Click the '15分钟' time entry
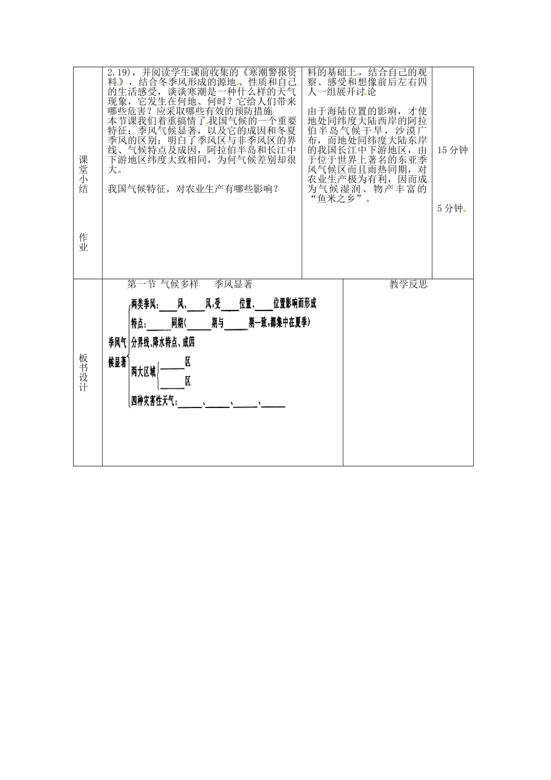click(x=452, y=150)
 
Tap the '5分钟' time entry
click(x=450, y=208)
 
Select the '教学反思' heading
click(x=408, y=284)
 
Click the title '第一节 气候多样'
click(x=162, y=284)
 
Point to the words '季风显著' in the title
click(x=233, y=284)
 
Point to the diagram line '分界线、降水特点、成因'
click(x=163, y=342)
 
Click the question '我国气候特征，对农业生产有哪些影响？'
click(x=193, y=189)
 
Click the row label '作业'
click(x=83, y=242)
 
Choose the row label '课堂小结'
click(x=83, y=174)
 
